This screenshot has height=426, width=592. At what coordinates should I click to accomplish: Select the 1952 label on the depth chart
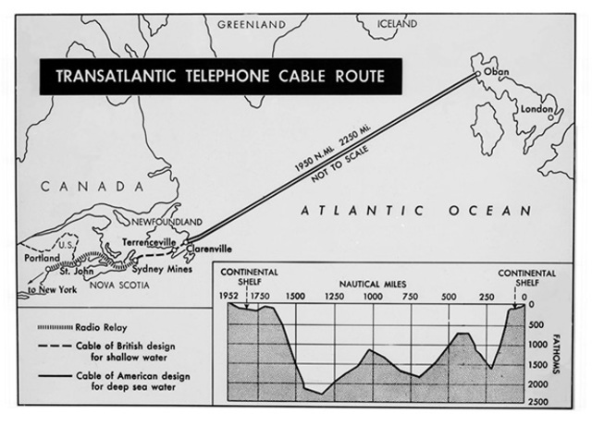[x=229, y=297]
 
